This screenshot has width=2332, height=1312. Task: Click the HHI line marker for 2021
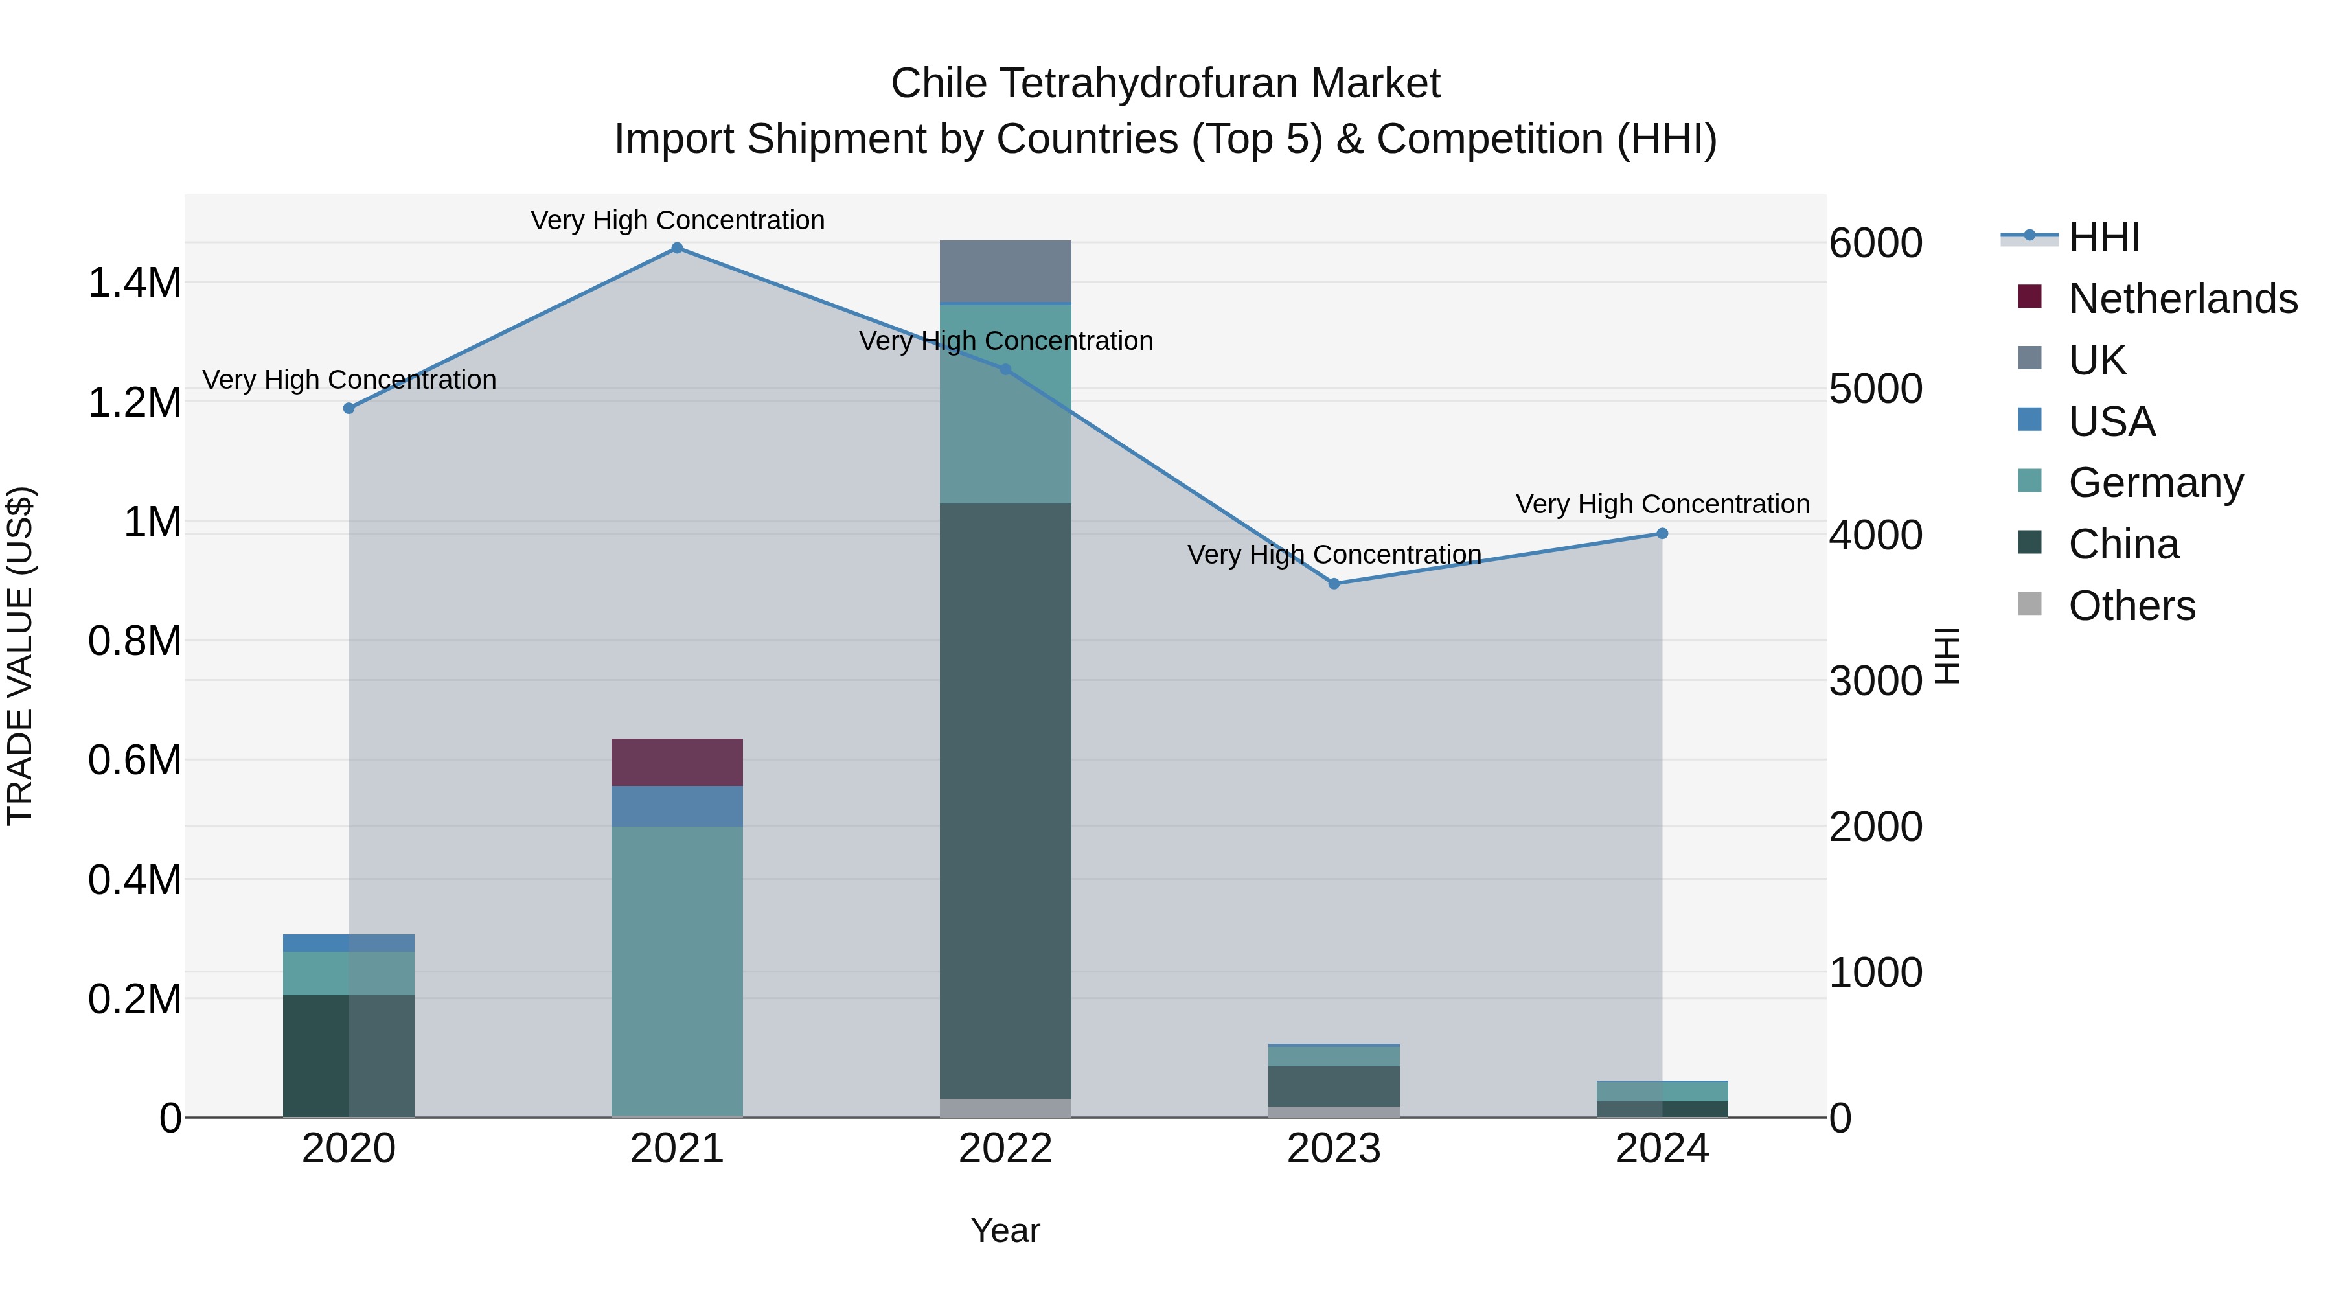coord(677,248)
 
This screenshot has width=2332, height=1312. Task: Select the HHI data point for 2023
coord(1334,584)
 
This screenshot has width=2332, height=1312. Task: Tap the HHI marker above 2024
coord(1662,535)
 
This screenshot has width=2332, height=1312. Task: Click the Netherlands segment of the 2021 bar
coord(677,763)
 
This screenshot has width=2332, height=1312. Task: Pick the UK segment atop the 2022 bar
coord(1005,271)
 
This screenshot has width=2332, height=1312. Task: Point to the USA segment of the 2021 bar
coord(677,806)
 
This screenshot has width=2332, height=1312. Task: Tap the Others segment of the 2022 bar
coord(1005,1107)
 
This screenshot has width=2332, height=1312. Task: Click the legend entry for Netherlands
coord(2182,299)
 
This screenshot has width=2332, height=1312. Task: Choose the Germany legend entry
coord(2155,483)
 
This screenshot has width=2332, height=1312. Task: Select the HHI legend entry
coord(2104,237)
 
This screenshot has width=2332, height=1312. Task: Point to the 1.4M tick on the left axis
coord(134,283)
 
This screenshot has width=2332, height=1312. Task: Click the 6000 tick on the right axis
coord(1875,244)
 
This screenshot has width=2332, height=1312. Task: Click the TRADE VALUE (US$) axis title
coord(20,656)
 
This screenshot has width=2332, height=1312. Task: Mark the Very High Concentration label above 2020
coord(349,380)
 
